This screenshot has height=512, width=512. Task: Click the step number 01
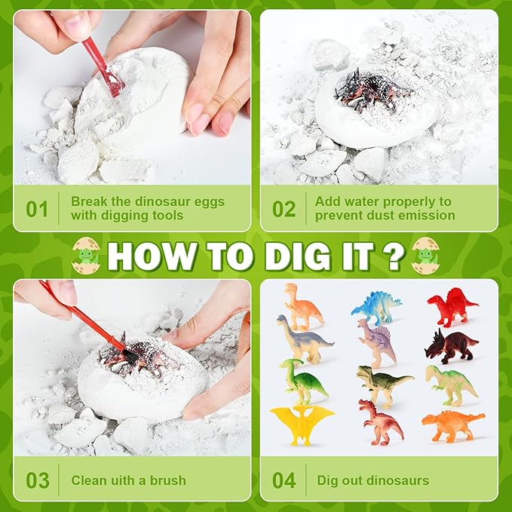pyautogui.click(x=37, y=209)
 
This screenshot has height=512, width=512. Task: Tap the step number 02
pyautogui.click(x=284, y=209)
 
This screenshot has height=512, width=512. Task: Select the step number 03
pyautogui.click(x=37, y=480)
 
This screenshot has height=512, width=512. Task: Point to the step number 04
pyautogui.click(x=284, y=480)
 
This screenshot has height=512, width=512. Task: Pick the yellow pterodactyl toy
pyautogui.click(x=302, y=423)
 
